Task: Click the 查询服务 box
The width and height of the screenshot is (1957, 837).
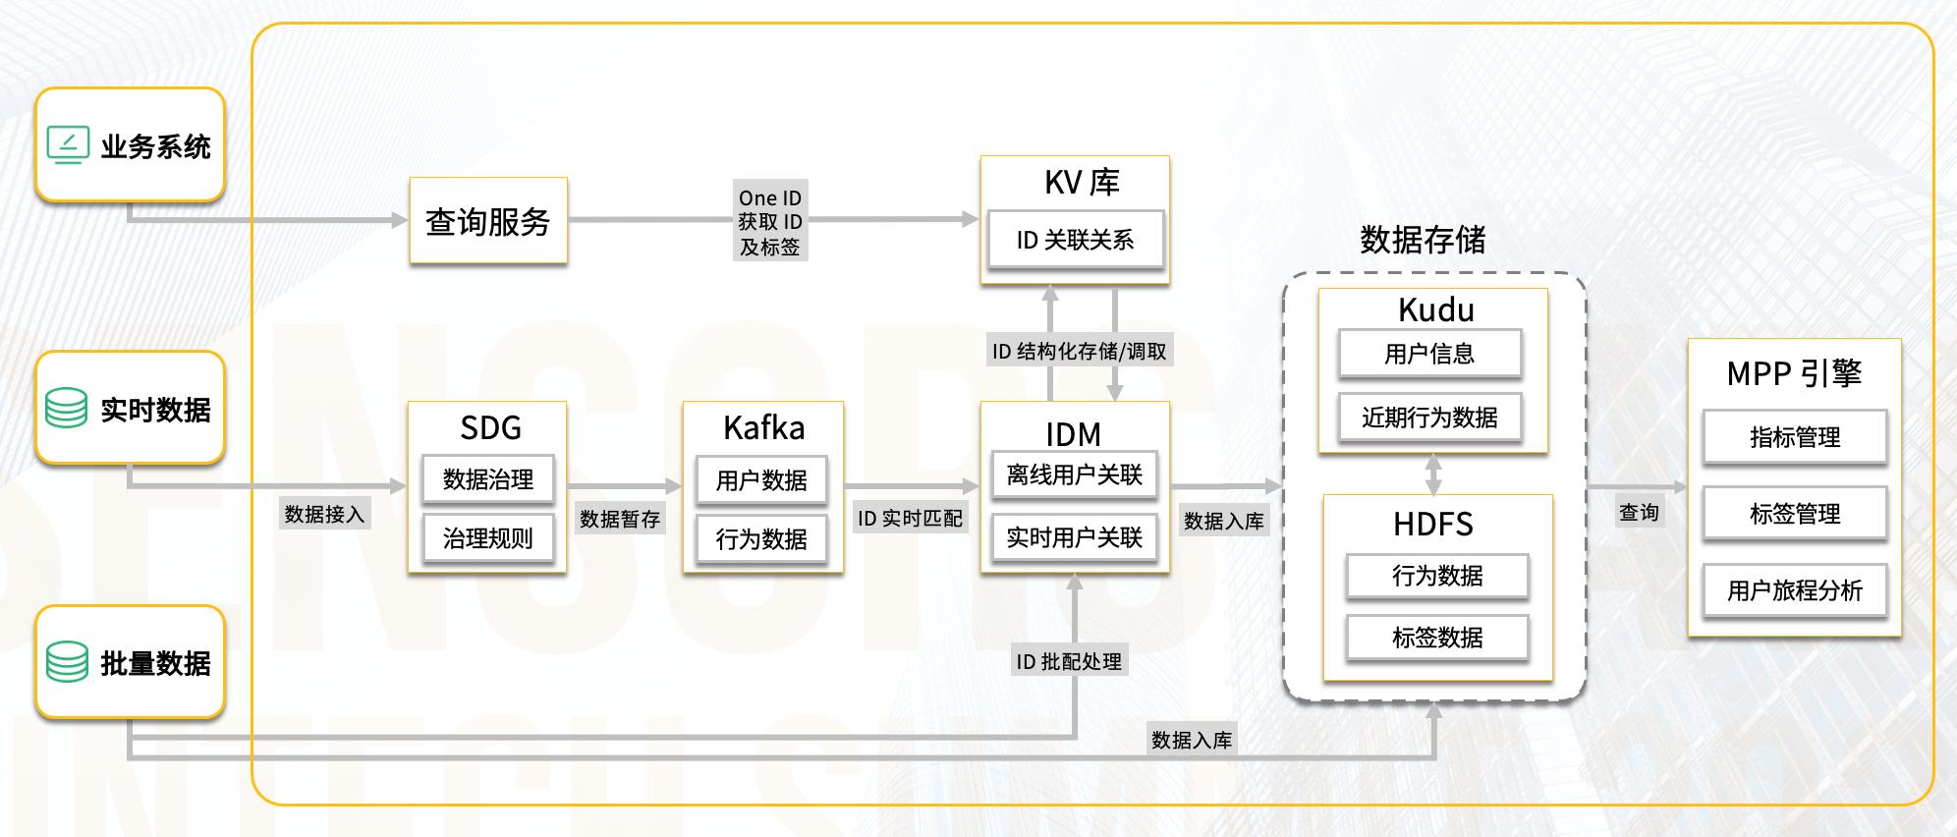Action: pyautogui.click(x=488, y=221)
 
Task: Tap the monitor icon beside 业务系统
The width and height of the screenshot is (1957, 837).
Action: pyautogui.click(x=68, y=145)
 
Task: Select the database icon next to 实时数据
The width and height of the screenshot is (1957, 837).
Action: pyautogui.click(x=67, y=408)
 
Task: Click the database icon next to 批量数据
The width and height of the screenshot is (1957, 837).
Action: pyautogui.click(x=67, y=662)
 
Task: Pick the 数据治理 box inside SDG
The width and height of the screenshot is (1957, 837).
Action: pyautogui.click(x=488, y=478)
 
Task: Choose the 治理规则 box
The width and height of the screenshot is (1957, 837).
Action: pyautogui.click(x=488, y=537)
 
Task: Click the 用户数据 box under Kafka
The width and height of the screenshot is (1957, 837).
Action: pyautogui.click(x=761, y=479)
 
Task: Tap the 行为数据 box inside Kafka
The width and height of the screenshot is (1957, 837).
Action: pyautogui.click(x=761, y=538)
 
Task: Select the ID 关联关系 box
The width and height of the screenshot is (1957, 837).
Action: pyautogui.click(x=1075, y=240)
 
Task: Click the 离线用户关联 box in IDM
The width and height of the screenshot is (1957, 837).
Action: pyautogui.click(x=1075, y=475)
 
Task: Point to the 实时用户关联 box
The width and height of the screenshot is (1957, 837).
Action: pyautogui.click(x=1075, y=537)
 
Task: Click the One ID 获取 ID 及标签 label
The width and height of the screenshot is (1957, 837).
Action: pyautogui.click(x=770, y=222)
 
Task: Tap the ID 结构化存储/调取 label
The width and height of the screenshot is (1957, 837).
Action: pyautogui.click(x=1079, y=351)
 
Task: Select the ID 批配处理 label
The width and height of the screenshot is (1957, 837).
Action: pyautogui.click(x=1069, y=661)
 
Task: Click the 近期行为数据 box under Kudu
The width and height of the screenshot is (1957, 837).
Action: pyautogui.click(x=1429, y=418)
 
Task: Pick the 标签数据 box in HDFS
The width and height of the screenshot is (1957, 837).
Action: pyautogui.click(x=1437, y=638)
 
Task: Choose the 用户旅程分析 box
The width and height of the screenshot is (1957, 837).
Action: pyautogui.click(x=1795, y=590)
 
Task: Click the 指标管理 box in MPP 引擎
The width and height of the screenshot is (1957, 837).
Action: pyautogui.click(x=1795, y=437)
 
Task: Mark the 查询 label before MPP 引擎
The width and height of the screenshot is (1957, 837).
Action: pyautogui.click(x=1639, y=512)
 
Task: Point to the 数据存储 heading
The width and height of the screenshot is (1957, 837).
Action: pyautogui.click(x=1423, y=240)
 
